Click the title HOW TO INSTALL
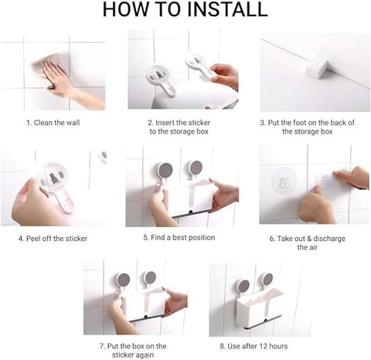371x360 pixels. point(185,10)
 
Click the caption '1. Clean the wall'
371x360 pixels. point(53,122)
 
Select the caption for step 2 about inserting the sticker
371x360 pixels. point(182,127)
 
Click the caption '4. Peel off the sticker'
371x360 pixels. point(53,238)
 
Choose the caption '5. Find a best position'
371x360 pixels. point(179,237)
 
